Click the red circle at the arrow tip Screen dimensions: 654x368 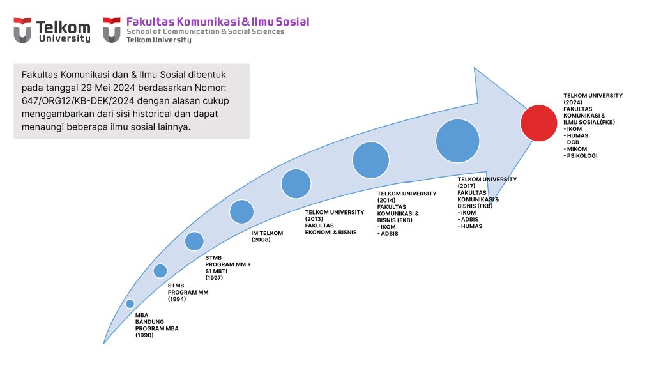coord(538,123)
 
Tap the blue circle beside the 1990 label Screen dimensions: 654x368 coord(130,303)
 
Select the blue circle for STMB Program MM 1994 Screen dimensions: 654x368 coord(160,271)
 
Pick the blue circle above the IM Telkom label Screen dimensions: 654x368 coord(241,211)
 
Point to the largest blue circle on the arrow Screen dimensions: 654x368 coord(457,141)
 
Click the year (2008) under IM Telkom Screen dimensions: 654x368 coord(261,240)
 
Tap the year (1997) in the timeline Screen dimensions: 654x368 coord(214,277)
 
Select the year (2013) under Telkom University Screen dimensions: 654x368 coord(314,218)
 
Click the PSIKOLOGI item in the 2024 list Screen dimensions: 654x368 coord(581,156)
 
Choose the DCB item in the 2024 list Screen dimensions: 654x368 coord(572,142)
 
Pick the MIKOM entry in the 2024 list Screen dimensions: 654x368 coord(575,149)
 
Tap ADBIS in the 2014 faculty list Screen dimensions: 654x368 coord(388,234)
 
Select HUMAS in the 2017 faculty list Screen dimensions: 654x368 coord(470,226)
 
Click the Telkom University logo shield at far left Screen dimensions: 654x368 coord(22,30)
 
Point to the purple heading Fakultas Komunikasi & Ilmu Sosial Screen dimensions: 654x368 coord(218,22)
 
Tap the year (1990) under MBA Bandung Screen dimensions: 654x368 coord(144,335)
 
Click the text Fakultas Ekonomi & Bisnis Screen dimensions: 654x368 coord(331,229)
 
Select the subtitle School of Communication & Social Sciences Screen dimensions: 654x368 coord(205,32)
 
